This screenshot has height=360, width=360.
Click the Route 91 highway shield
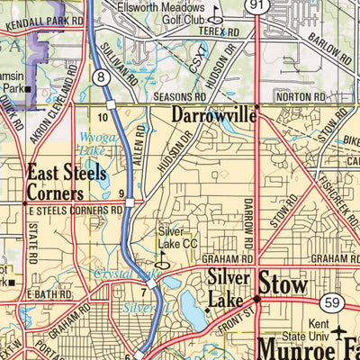[258, 6]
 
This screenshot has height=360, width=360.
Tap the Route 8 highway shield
[103, 79]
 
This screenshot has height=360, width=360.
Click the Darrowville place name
[212, 114]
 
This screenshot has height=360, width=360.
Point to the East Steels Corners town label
[56, 183]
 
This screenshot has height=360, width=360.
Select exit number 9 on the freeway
[121, 193]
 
